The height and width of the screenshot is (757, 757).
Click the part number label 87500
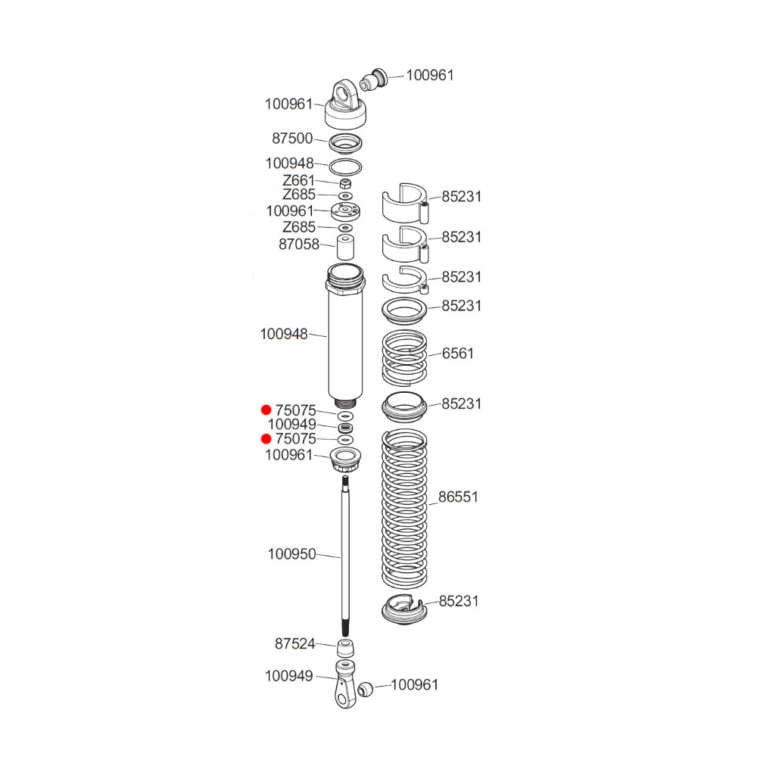pos(292,139)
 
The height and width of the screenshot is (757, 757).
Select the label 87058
pos(299,245)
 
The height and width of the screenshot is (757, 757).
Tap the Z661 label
pos(298,180)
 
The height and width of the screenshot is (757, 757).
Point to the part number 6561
pos(458,354)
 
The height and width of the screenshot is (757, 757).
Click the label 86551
pos(458,497)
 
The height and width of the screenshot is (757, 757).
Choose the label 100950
pos(291,554)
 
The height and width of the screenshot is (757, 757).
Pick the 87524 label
pos(295,643)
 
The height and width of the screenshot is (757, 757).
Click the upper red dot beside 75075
pos(266,410)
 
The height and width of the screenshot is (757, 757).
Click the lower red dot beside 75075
pos(266,439)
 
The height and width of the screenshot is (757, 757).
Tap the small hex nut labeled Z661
pos(345,183)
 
